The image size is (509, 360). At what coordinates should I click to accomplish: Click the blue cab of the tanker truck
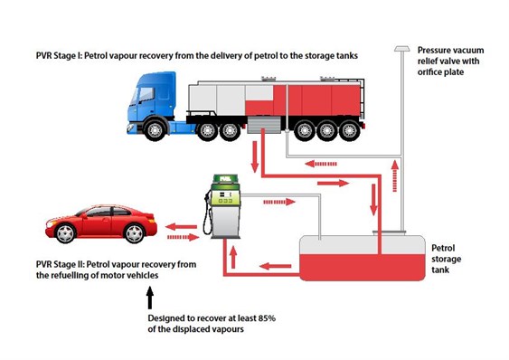point(153,101)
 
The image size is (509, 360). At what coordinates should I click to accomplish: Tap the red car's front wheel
point(66,233)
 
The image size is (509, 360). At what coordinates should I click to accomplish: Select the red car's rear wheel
point(134,233)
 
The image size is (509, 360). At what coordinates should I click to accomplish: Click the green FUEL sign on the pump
point(225,179)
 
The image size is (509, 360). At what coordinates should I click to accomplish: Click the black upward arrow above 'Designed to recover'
point(150,298)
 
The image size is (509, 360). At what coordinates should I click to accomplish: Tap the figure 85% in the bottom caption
point(267,317)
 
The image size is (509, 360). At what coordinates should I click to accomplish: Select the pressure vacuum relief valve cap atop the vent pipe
point(402,49)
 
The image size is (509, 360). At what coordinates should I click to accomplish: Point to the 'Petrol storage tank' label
point(446,259)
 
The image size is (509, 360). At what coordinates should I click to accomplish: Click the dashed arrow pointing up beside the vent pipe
point(395,175)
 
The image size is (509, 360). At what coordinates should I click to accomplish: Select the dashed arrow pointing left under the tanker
point(321,164)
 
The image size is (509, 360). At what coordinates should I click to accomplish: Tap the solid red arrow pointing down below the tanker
point(255,156)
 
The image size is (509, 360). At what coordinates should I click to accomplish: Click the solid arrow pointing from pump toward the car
point(181,227)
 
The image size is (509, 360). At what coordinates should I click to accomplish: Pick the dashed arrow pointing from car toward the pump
point(184,238)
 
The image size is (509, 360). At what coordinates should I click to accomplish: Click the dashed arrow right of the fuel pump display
point(279,202)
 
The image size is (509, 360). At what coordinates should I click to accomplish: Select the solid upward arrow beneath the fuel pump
point(232,257)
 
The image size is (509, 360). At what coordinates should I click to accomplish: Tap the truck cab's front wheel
point(155,129)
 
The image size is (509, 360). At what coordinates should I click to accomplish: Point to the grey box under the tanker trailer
point(264,125)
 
